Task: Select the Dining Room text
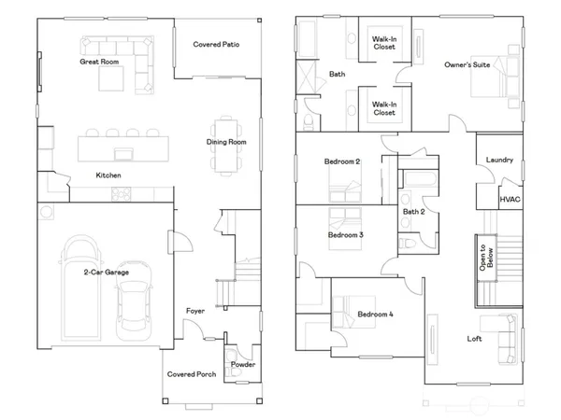226,142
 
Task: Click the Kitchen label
108,175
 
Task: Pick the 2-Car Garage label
105,272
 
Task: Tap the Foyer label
195,311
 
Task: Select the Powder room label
243,364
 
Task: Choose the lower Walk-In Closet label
383,108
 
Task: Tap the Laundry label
500,160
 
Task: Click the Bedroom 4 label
376,315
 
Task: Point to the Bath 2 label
413,212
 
